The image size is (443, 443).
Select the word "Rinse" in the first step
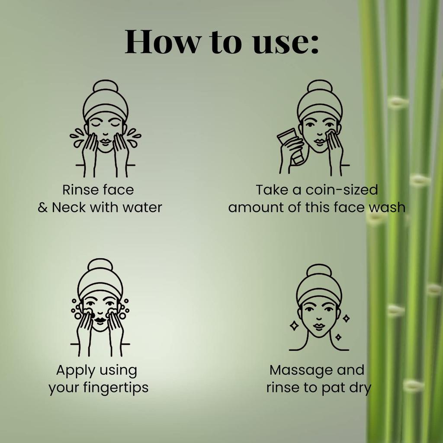pyautogui.click(x=80, y=189)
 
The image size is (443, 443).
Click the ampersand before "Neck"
pyautogui.click(x=43, y=208)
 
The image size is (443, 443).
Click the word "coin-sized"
pyautogui.click(x=342, y=189)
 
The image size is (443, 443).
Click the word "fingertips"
pyautogui.click(x=116, y=388)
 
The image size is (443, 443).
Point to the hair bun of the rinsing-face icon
pyautogui.click(x=106, y=86)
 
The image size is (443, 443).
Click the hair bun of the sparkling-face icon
pyautogui.click(x=319, y=270)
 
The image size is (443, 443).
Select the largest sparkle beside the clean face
pyautogui.click(x=294, y=326)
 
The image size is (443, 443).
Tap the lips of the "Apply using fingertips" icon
pyautogui.click(x=100, y=320)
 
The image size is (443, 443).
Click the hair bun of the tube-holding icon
pyautogui.click(x=320, y=86)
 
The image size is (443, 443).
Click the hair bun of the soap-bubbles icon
pyautogui.click(x=100, y=265)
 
